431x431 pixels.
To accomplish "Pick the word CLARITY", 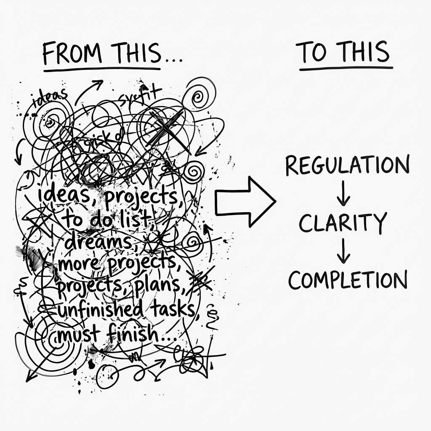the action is (343, 223).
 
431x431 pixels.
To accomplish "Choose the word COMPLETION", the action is (348, 279).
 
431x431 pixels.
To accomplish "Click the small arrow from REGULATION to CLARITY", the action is (343, 194).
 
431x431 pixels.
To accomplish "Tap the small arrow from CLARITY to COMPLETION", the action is (343, 251).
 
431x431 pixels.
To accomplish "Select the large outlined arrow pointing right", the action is (244, 202).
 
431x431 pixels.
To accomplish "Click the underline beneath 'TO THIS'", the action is (346, 67).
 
